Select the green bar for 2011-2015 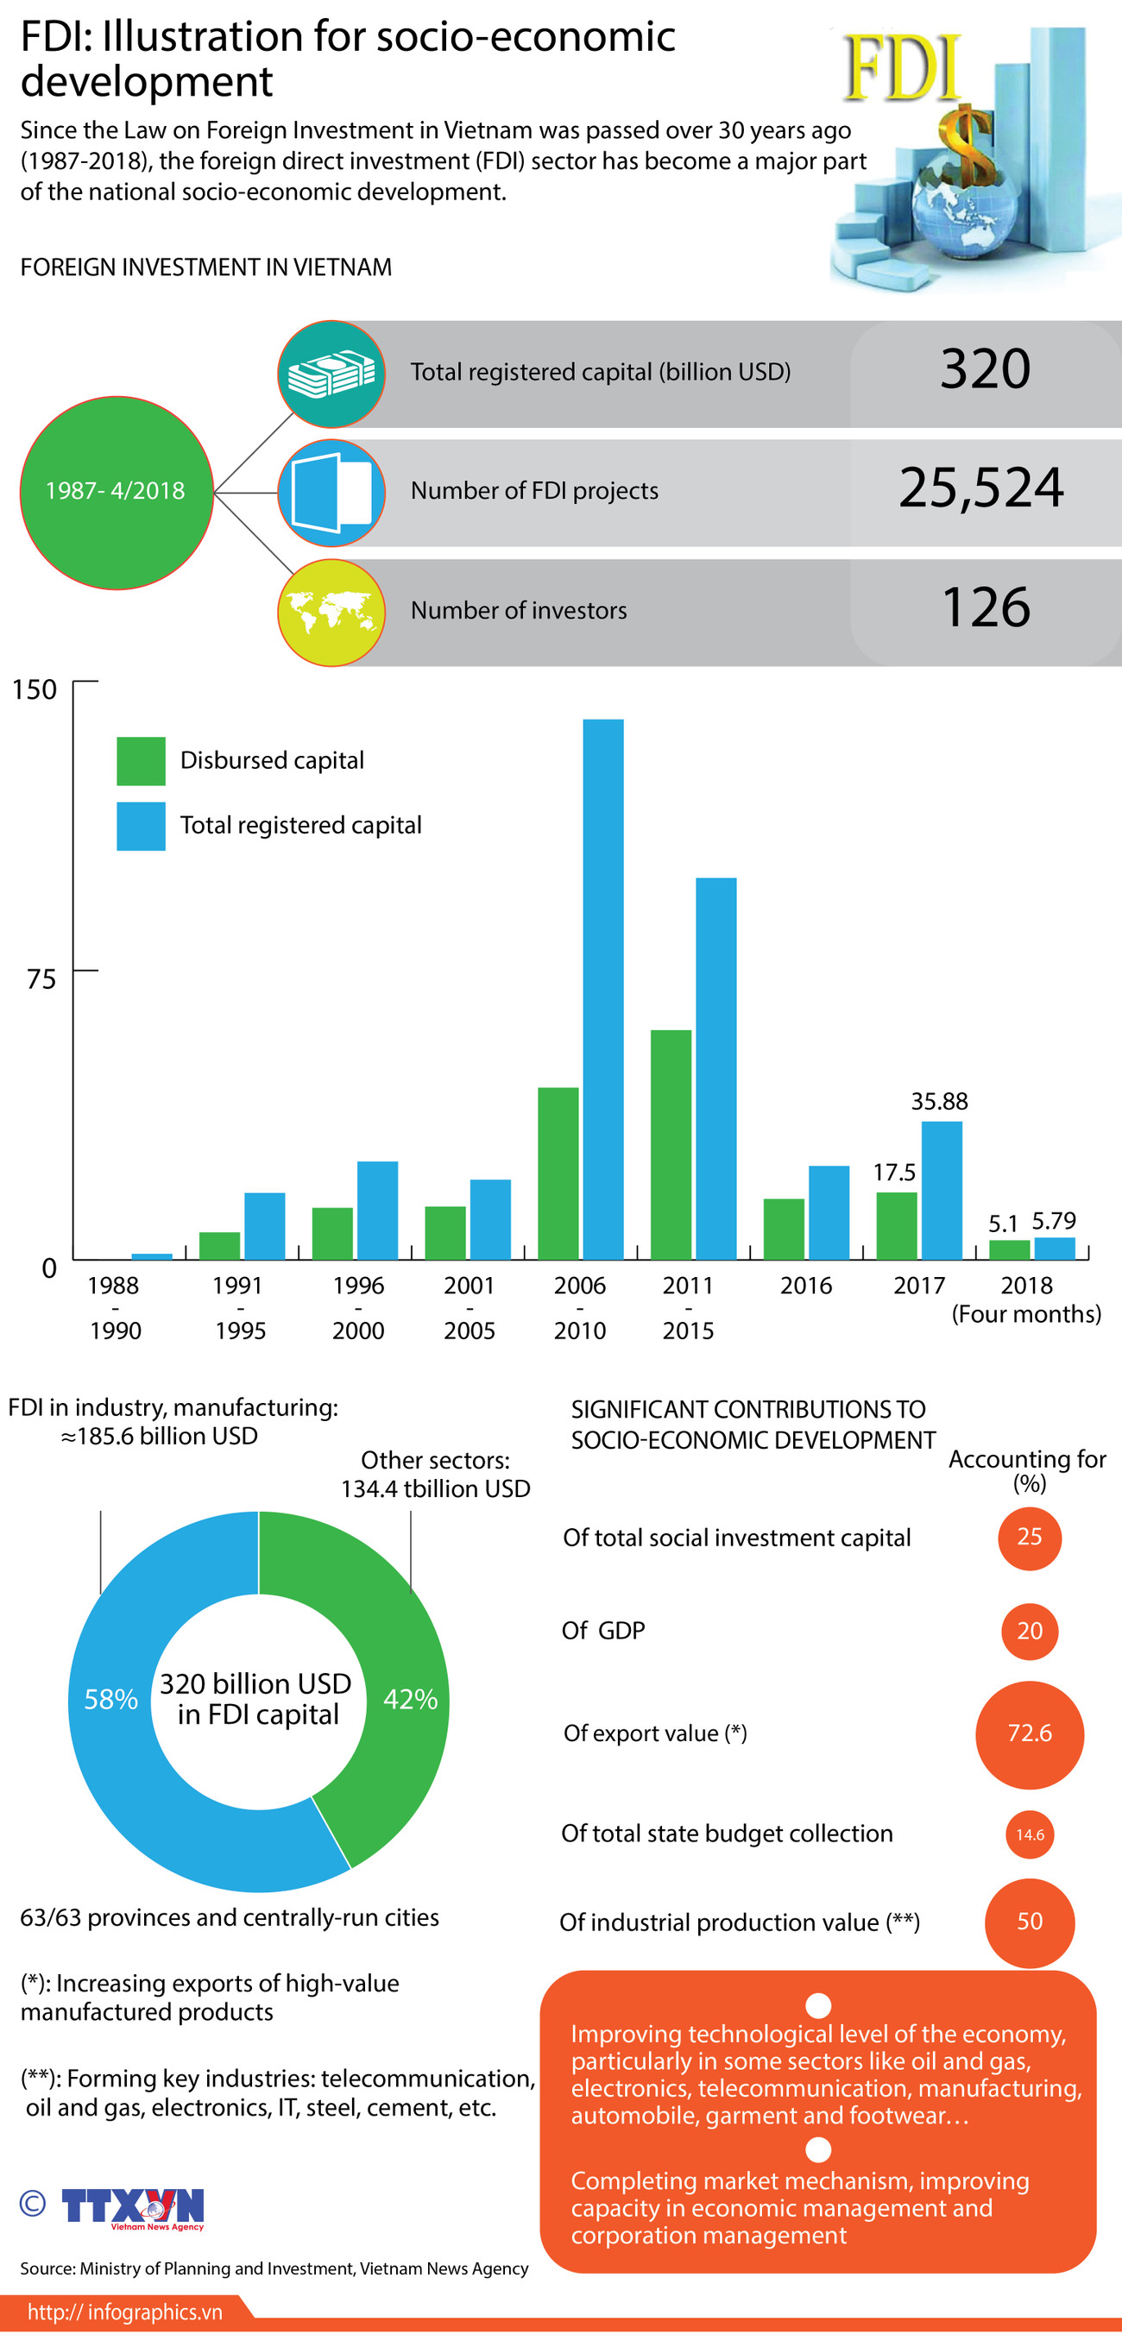[x=671, y=1143]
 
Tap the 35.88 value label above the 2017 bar [x=939, y=1101]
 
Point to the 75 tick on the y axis [x=41, y=978]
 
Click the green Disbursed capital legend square [x=141, y=760]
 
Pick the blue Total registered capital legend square [x=141, y=826]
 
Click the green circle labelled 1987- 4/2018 [x=116, y=492]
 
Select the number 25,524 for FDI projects [x=980, y=488]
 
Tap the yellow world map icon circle [x=331, y=613]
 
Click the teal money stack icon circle [x=331, y=374]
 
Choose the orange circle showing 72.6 [x=1029, y=1733]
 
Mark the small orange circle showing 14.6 [x=1029, y=1834]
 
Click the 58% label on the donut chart [x=110, y=1699]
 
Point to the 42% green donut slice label [x=410, y=1699]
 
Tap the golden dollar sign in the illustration [x=965, y=145]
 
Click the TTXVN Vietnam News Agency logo [x=132, y=2207]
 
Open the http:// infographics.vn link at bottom [x=124, y=2312]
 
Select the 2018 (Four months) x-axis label [x=1026, y=1299]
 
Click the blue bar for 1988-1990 [x=151, y=1255]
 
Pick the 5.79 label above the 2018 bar [x=1053, y=1220]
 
